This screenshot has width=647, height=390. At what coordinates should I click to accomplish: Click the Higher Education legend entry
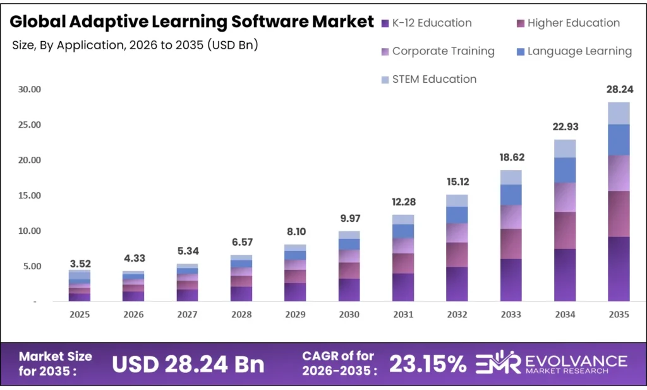pos(567,23)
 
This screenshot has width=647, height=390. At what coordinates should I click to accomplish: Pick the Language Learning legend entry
pos(572,51)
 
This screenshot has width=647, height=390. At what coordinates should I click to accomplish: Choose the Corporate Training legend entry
pos(437,51)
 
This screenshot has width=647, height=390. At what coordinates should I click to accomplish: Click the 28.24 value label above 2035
pos(619,90)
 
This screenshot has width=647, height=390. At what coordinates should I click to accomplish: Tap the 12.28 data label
pos(403,202)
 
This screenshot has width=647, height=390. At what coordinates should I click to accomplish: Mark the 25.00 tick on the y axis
pos(29,125)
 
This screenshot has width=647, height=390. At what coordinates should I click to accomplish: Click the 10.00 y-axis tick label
pos(29,231)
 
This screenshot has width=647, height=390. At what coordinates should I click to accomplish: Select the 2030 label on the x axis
pos(349,314)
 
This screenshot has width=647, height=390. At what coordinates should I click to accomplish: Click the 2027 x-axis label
pos(187,314)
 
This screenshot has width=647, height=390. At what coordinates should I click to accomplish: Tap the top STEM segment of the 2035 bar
pos(619,113)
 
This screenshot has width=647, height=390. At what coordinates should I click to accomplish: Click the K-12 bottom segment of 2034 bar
pos(565,275)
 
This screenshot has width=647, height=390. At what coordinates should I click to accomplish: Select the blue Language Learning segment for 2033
pos(511,195)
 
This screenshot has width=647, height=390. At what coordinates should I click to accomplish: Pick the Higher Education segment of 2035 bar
pos(619,214)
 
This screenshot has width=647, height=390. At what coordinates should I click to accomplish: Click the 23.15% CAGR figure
pos(427,363)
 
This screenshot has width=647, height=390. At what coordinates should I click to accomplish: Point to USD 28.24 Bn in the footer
pos(188,363)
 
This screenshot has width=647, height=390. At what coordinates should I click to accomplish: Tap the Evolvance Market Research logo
pos(550,363)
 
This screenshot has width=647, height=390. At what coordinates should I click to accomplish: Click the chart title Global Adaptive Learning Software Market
pos(191,22)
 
